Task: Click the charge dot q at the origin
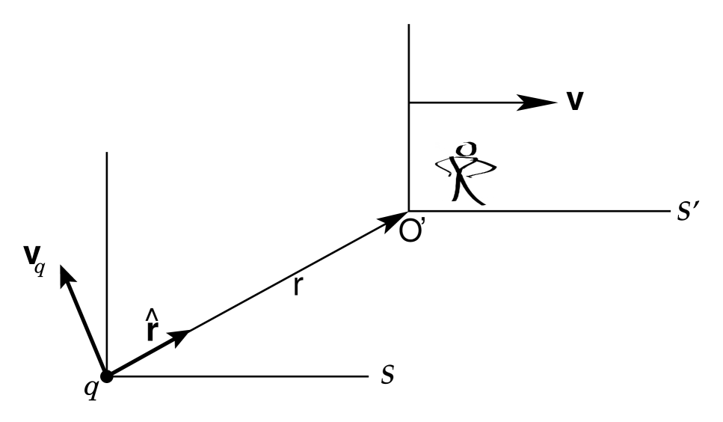[x=107, y=376]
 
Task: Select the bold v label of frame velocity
[x=574, y=101]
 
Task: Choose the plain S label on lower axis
[x=387, y=375]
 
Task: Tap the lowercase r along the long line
[x=297, y=285]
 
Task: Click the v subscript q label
[x=34, y=263]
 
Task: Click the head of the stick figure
[x=467, y=149]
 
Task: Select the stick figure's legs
[x=467, y=191]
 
